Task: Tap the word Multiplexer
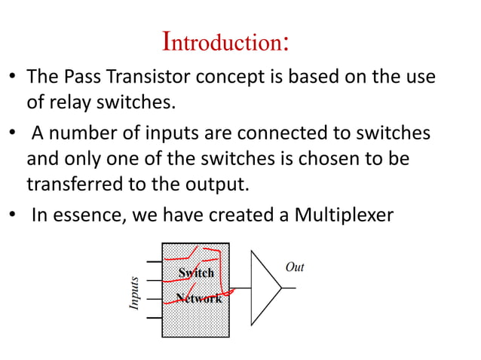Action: (344, 215)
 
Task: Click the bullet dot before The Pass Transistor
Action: (13, 78)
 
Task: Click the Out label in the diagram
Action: (295, 267)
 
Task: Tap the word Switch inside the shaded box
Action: (196, 273)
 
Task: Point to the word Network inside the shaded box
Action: (198, 298)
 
